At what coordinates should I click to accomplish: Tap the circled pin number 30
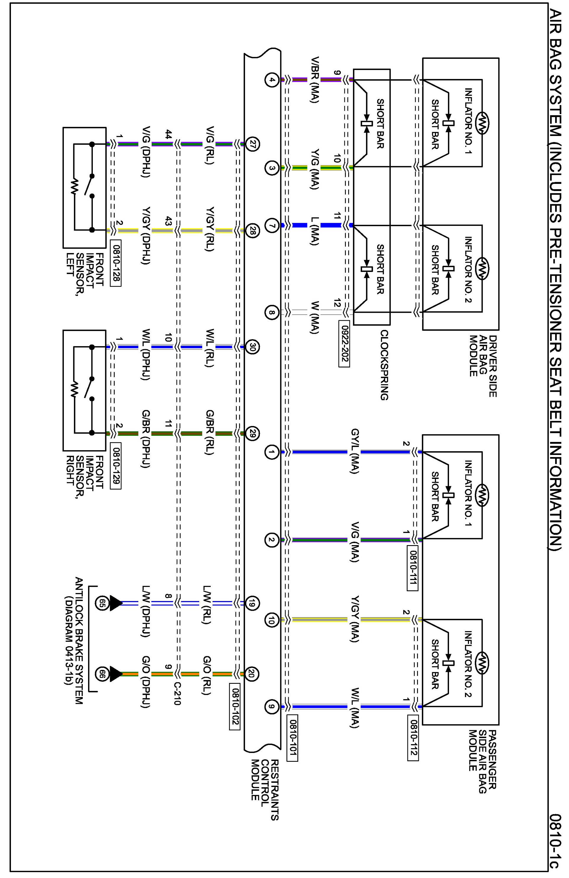[252, 347]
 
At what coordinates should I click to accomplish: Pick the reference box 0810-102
[234, 707]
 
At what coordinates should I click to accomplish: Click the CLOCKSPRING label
[384, 365]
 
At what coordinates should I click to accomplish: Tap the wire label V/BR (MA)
[315, 80]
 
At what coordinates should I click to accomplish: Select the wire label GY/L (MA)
[354, 451]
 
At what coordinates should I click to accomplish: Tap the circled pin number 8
[272, 313]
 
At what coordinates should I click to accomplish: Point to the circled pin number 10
[272, 620]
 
